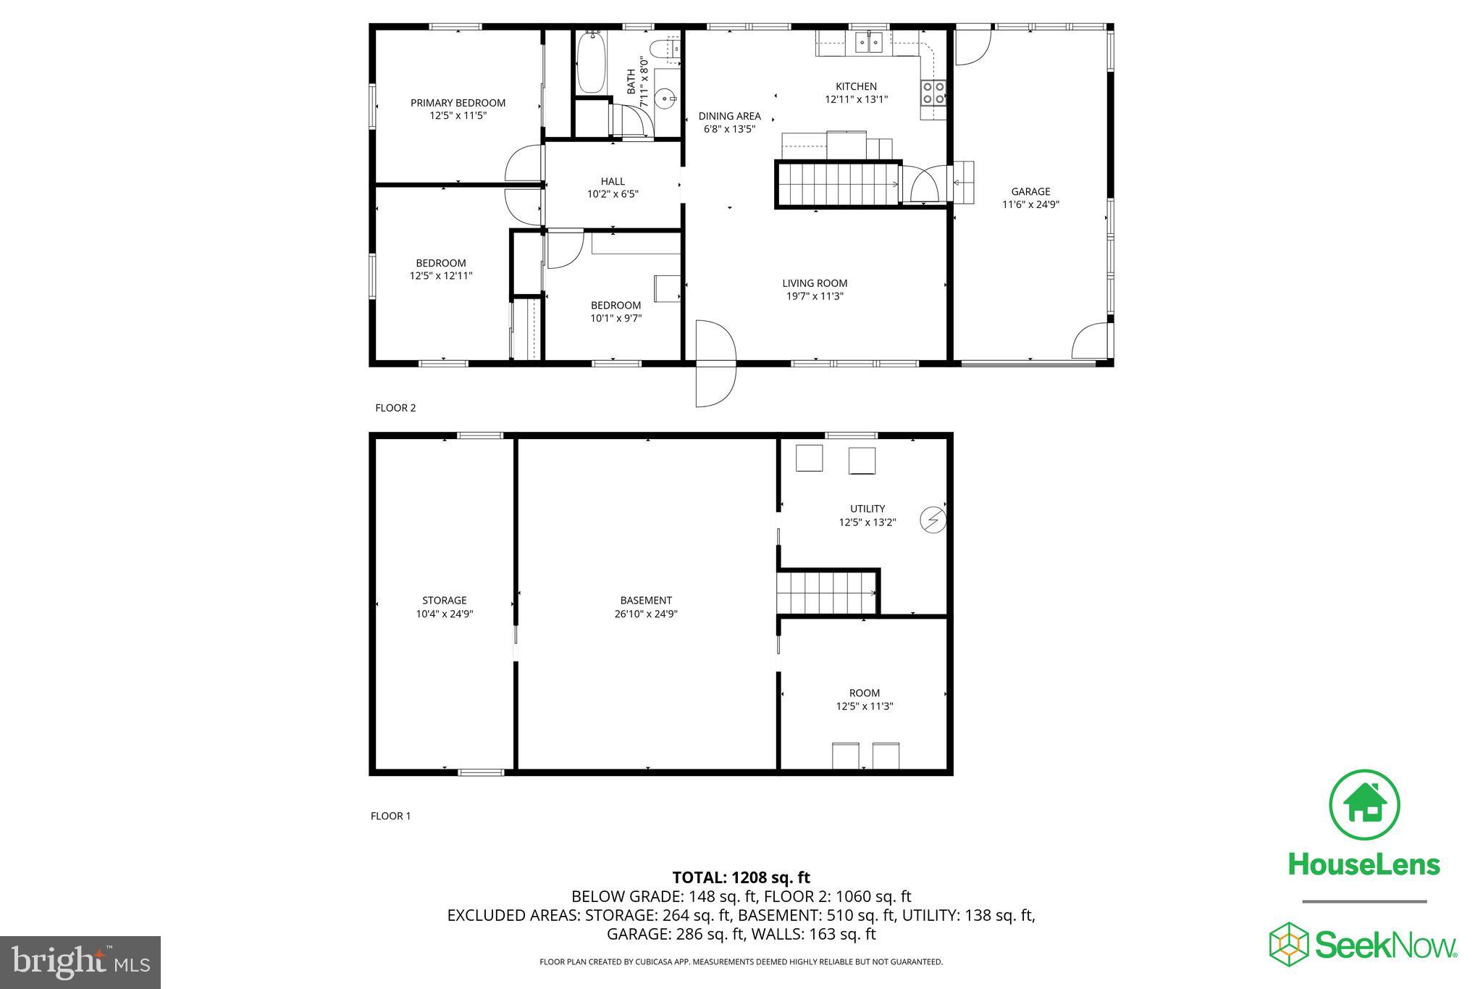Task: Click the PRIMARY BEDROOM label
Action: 458,103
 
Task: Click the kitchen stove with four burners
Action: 933,92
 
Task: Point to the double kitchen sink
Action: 868,43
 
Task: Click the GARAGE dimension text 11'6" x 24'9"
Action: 1030,204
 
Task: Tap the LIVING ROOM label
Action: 815,283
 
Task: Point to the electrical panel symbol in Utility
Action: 933,519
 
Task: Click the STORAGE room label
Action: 444,600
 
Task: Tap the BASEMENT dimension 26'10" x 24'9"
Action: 646,614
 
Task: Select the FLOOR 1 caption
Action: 390,816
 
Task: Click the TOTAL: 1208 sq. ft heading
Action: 741,878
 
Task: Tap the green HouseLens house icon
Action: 1364,805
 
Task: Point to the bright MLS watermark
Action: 80,961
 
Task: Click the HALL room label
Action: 613,181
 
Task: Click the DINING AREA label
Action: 729,116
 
